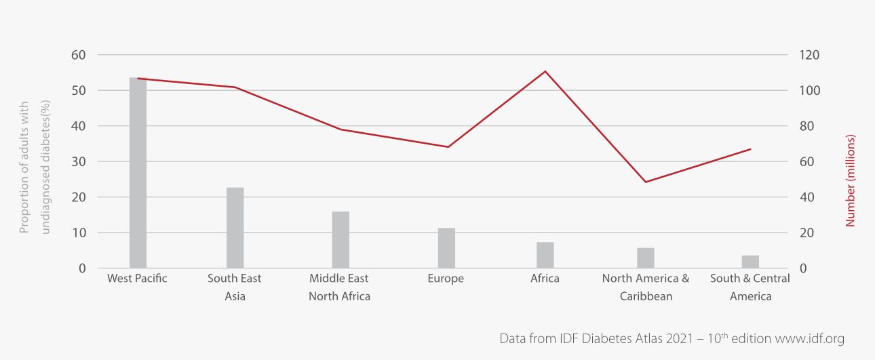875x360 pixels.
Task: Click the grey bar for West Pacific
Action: [138, 173]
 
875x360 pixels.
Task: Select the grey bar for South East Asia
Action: [235, 228]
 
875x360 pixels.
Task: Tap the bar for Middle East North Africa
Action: [341, 240]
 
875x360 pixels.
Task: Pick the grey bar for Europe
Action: [446, 248]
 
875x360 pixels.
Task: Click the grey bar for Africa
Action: [545, 255]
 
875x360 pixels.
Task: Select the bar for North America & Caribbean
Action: [646, 258]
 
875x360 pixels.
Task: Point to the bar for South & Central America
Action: [750, 262]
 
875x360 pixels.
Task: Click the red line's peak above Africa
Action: [545, 71]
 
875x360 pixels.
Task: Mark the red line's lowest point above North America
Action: [646, 182]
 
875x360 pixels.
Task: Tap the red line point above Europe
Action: [446, 147]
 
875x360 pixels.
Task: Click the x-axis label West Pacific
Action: [137, 279]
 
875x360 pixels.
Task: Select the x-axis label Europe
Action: [446, 279]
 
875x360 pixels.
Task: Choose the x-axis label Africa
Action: [545, 279]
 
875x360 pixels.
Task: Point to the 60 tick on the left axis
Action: [79, 55]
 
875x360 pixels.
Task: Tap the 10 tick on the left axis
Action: [79, 233]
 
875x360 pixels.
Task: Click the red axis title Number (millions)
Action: [851, 180]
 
